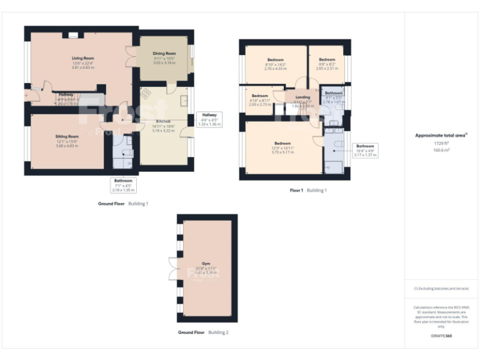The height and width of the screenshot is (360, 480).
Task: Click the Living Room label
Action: click(82, 57)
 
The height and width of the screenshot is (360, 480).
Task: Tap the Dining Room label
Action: click(164, 54)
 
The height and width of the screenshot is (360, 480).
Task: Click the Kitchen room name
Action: click(162, 121)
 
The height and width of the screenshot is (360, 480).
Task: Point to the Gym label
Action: click(207, 264)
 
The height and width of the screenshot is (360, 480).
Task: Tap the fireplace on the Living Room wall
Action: click(74, 36)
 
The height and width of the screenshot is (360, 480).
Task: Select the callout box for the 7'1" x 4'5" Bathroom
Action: click(122, 186)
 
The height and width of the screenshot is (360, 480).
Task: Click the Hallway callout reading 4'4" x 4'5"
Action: click(208, 119)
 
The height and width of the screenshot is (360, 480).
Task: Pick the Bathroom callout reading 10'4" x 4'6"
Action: click(365, 151)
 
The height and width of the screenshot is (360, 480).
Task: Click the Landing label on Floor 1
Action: click(302, 97)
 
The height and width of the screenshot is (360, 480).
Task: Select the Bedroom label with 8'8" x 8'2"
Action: click(327, 61)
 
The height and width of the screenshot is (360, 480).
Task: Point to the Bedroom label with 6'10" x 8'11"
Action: click(259, 96)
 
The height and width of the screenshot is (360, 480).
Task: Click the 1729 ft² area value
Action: click(441, 144)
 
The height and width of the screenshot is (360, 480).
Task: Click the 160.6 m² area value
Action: click(441, 150)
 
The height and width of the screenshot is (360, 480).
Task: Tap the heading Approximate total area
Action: click(441, 135)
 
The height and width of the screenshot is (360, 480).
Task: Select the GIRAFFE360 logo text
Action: click(441, 336)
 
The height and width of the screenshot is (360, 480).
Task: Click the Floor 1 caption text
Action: click(296, 190)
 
